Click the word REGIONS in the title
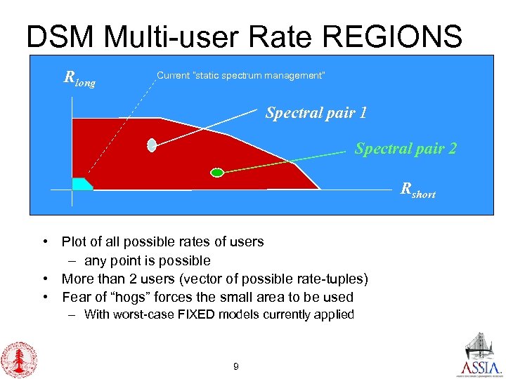tap(389, 36)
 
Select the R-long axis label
tap(79, 79)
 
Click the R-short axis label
tap(417, 189)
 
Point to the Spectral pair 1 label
tap(316, 113)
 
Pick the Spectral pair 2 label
tap(406, 148)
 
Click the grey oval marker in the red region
tap(152, 145)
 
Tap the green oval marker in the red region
tap(217, 172)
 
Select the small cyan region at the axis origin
tap(81, 184)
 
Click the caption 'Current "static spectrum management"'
tap(240, 75)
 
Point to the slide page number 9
tap(235, 366)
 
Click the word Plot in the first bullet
tap(74, 242)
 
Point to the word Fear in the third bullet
tap(76, 297)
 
